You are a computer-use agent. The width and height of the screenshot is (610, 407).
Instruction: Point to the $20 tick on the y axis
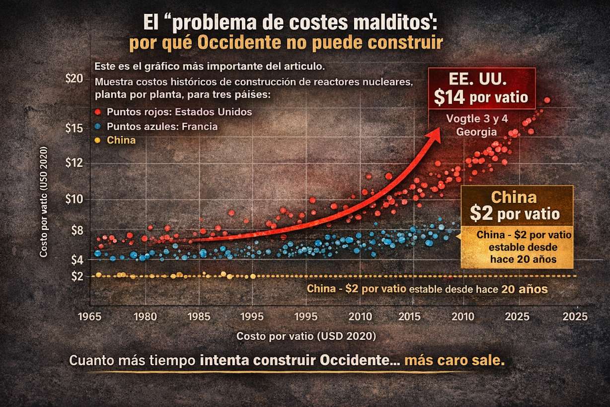pyautogui.click(x=75, y=79)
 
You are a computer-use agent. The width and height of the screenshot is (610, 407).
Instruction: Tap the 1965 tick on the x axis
pyautogui.click(x=90, y=316)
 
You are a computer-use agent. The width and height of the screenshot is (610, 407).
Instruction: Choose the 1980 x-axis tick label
pyautogui.click(x=145, y=316)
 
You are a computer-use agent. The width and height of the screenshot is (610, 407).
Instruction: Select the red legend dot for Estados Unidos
pyautogui.click(x=98, y=112)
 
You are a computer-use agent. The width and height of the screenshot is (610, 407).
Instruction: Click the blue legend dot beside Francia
pyautogui.click(x=98, y=126)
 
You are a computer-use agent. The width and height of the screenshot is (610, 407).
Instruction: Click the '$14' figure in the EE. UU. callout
pyautogui.click(x=449, y=97)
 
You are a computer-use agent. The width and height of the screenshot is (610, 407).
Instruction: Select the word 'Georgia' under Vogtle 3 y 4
pyautogui.click(x=477, y=132)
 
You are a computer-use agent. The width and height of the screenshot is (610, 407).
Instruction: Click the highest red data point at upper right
pyautogui.click(x=547, y=100)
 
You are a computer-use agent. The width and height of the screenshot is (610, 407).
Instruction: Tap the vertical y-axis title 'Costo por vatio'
pyautogui.click(x=44, y=202)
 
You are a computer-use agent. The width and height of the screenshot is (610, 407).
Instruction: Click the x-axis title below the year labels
pyautogui.click(x=306, y=336)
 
